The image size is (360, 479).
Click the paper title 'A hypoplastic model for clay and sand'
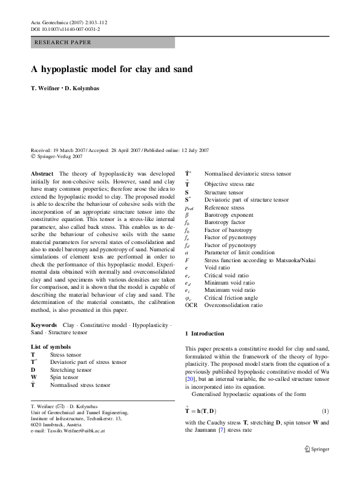tap(112, 69)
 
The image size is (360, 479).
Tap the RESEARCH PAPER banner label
tap(64, 42)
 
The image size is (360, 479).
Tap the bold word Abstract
tap(43, 173)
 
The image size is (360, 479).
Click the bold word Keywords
tap(45, 325)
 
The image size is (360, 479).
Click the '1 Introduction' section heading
tap(205, 334)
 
